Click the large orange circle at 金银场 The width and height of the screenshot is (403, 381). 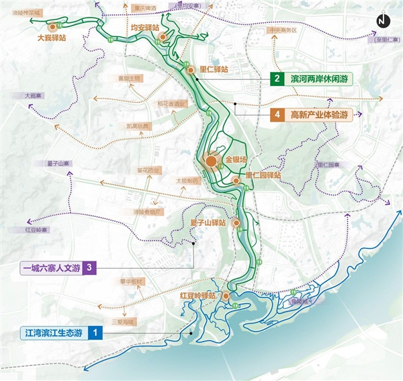click(211, 161)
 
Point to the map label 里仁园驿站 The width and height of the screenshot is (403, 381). click(263, 175)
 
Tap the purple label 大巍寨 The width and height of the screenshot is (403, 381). click(32, 96)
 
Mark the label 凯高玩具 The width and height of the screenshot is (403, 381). click(138, 126)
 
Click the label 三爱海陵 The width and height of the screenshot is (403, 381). click(124, 322)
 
